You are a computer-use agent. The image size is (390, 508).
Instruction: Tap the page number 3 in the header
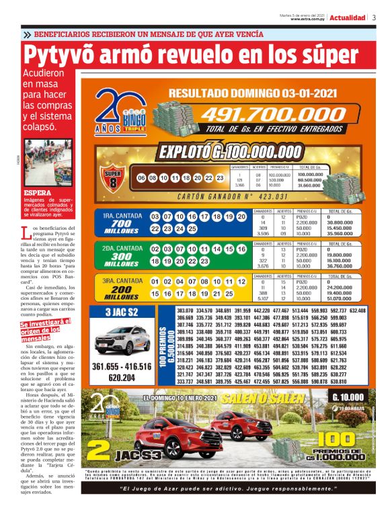[374, 17]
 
